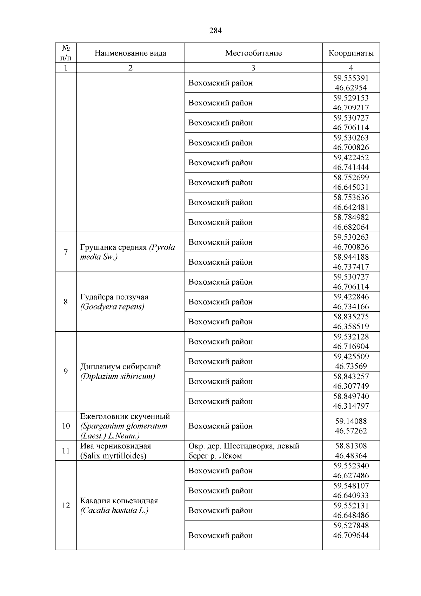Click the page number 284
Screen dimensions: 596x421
click(x=215, y=31)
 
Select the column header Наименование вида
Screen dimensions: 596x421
click(x=130, y=53)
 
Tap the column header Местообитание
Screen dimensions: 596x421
click(x=253, y=53)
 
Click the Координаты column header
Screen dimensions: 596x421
click(x=351, y=53)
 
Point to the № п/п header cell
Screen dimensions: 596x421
click(x=66, y=53)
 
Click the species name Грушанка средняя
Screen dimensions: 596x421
click(x=113, y=247)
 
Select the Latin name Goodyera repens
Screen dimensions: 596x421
click(x=112, y=307)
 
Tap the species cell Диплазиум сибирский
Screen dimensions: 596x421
click(x=121, y=367)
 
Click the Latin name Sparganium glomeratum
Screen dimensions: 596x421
click(x=124, y=426)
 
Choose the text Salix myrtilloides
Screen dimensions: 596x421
click(x=113, y=456)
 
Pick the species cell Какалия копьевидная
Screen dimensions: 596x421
click(x=119, y=501)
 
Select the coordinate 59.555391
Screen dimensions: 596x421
click(x=351, y=78)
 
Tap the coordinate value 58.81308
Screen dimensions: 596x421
click(x=351, y=446)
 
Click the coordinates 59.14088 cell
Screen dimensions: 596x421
click(x=351, y=421)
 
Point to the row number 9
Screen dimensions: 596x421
click(x=66, y=371)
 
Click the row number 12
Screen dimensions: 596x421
click(x=66, y=505)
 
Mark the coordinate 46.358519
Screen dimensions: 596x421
click(x=351, y=326)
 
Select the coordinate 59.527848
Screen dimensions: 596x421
click(x=351, y=526)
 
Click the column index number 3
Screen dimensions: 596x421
click(x=253, y=68)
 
